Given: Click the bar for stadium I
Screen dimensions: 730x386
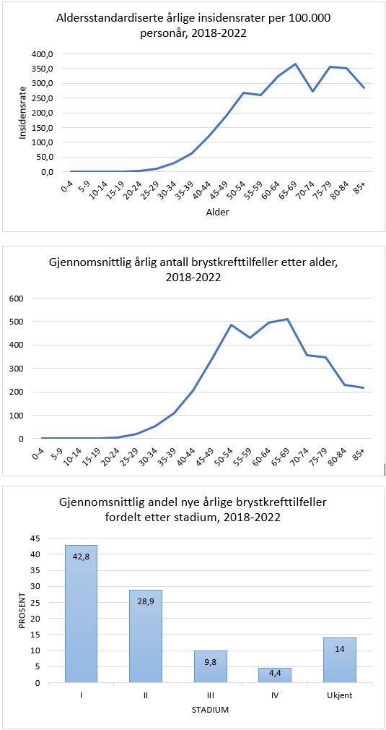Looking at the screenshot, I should point(81,614).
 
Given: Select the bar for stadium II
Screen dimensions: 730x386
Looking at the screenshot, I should point(145,636).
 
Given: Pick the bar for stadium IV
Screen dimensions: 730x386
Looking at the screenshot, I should point(275,675).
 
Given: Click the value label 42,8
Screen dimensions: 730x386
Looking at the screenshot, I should point(81,557).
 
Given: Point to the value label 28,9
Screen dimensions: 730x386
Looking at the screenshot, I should point(145,602).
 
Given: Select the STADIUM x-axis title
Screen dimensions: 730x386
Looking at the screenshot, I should point(210,710).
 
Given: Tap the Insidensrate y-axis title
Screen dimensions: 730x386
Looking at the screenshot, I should point(23,113).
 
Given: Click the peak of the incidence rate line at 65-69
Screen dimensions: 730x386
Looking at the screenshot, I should point(295,64).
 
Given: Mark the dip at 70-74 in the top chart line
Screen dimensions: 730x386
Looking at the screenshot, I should point(312,91).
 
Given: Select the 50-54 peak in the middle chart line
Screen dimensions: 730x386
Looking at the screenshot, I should point(231,325).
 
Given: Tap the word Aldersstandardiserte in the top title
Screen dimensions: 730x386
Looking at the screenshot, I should point(105,19).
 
